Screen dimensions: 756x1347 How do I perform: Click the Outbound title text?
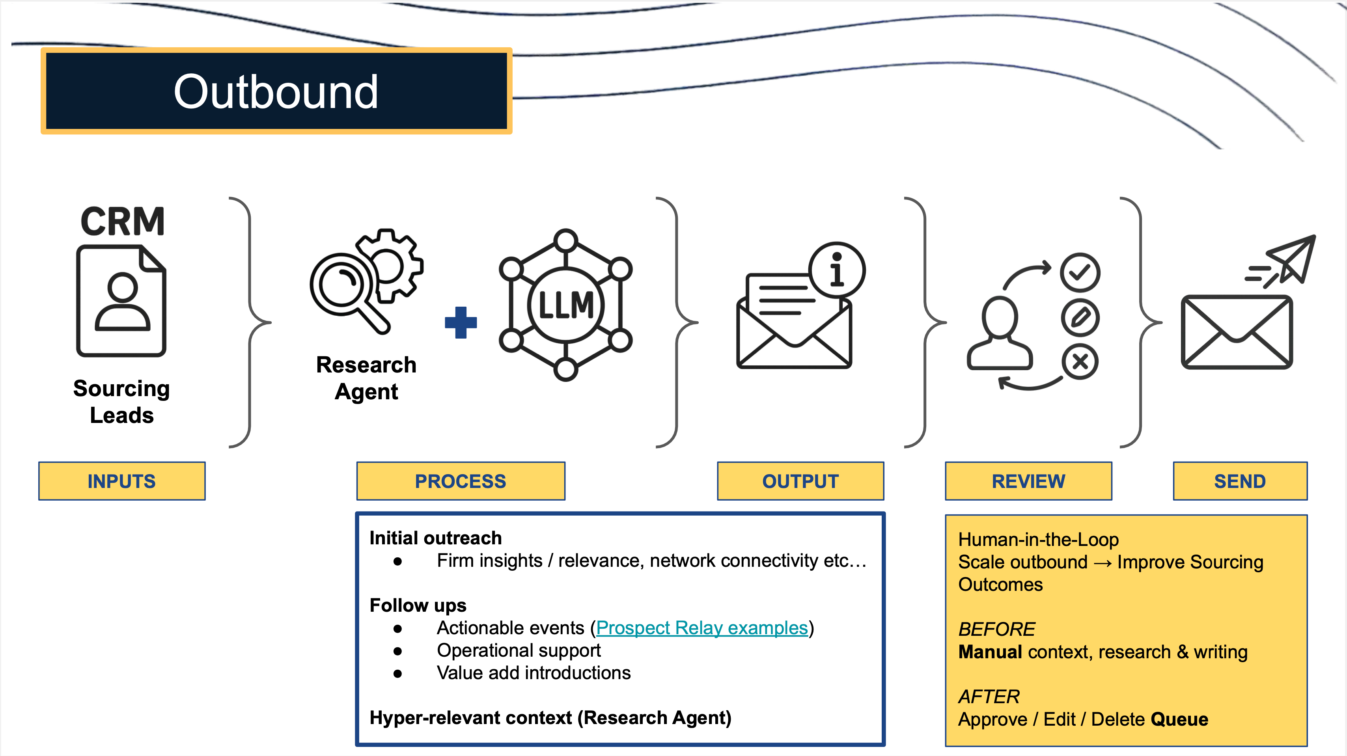[276, 91]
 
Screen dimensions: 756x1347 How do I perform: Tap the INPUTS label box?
[122, 481]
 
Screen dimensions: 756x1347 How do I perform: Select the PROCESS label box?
[460, 481]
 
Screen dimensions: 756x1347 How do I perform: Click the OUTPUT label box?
[800, 481]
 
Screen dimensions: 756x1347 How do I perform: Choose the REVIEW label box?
[1028, 481]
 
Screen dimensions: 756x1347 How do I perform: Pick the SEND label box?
[1240, 481]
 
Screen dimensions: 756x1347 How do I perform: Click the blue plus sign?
[461, 322]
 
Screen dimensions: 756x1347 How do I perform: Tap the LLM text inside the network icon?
[566, 305]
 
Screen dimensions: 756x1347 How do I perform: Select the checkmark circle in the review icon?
[1080, 272]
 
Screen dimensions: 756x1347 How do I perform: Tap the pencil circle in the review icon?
[1080, 317]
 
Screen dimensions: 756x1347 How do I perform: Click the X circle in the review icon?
[1080, 361]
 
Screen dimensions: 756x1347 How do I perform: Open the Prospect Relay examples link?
[702, 628]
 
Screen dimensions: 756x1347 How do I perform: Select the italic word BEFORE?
[996, 629]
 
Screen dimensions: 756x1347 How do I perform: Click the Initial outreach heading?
[435, 538]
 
